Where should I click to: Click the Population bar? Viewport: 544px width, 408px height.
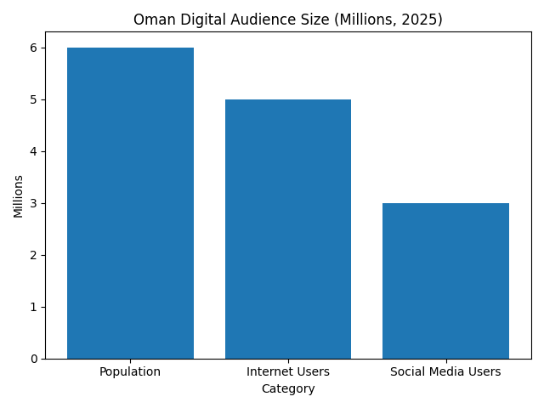pos(130,203)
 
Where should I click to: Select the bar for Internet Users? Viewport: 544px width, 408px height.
pos(288,229)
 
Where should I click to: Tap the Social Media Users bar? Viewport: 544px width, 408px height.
pos(445,280)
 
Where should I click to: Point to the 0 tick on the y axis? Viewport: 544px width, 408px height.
pos(34,359)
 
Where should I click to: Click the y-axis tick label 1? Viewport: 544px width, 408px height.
pos(34,307)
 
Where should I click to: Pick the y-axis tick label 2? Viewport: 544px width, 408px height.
pos(34,255)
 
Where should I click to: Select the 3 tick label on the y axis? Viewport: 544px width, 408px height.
pos(34,203)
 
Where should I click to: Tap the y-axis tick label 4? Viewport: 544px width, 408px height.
pos(34,151)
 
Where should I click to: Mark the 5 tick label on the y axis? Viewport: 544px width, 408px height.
pos(34,99)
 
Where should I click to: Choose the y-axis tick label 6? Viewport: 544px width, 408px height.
pos(34,48)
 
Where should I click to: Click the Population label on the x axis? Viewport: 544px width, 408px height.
pos(130,372)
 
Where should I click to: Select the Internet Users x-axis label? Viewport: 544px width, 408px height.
pos(288,372)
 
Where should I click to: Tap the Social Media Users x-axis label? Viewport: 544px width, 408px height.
pos(445,372)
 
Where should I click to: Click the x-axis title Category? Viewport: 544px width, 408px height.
pos(288,389)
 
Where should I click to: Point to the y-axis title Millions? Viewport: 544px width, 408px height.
pos(18,195)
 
